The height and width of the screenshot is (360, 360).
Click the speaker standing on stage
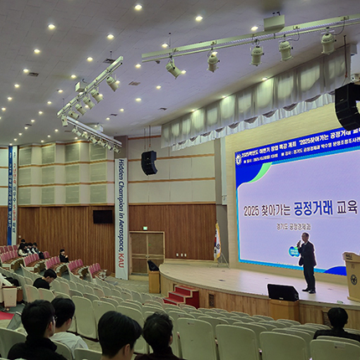(x=307, y=261)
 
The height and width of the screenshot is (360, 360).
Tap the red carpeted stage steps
(x=182, y=296)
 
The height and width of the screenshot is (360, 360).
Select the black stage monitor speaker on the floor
(x=282, y=292)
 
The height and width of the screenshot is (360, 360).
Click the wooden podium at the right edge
(x=352, y=277)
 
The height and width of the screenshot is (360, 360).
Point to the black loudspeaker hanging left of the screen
(x=149, y=162)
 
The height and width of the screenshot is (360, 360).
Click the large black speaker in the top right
(x=347, y=104)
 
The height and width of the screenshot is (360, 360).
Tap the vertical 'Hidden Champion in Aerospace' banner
(x=121, y=218)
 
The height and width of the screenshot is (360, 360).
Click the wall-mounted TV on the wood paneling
(x=103, y=216)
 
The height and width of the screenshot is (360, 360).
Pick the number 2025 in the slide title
(x=256, y=210)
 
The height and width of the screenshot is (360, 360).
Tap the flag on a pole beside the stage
(x=218, y=244)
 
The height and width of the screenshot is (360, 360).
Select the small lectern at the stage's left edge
(x=153, y=275)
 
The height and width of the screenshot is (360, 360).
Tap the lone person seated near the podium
(x=337, y=323)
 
